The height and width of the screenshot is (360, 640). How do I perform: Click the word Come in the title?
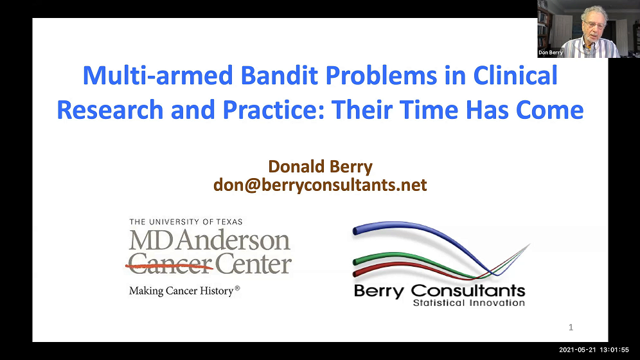551,110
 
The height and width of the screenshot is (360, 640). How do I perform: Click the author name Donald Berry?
320,166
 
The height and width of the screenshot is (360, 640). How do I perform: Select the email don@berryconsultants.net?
320,185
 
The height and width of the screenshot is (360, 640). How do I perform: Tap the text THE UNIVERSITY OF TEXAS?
186,222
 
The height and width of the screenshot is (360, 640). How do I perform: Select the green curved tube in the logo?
398,257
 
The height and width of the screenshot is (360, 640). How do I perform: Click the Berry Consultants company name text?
440,290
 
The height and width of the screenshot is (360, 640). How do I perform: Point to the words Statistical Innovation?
468,303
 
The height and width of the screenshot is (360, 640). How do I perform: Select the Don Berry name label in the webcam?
551,53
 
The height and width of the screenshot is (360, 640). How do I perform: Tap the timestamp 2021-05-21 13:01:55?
594,350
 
